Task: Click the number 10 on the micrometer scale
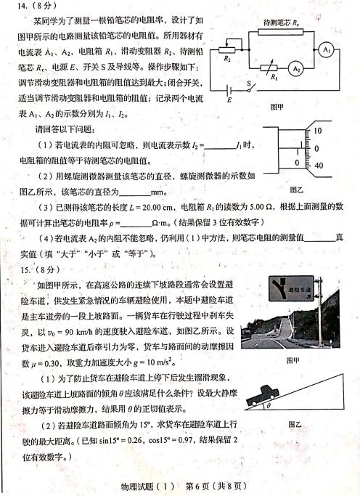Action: pos(318,131)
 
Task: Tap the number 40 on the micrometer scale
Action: pos(318,166)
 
